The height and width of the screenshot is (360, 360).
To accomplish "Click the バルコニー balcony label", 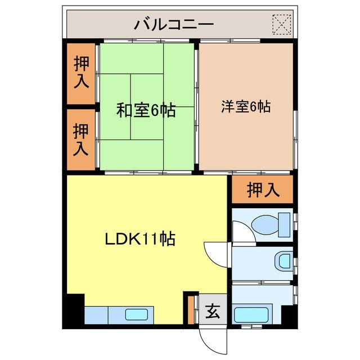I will click(173, 24).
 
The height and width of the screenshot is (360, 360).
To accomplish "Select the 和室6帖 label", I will click(146, 110).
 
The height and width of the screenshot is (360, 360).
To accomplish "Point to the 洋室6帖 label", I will click(246, 106).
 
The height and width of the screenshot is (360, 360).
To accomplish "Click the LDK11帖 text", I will click(140, 239).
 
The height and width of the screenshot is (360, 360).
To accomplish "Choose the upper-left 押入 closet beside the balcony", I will click(82, 72).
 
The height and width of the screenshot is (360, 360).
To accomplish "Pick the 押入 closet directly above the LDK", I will click(82, 139).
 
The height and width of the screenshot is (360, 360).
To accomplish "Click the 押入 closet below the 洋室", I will click(263, 190).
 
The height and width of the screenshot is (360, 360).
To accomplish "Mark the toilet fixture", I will click(265, 224).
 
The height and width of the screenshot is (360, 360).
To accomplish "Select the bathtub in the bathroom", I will click(252, 314).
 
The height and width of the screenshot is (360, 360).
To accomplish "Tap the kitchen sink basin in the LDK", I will click(137, 315).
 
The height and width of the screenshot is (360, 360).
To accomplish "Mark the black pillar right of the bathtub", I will click(288, 315).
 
